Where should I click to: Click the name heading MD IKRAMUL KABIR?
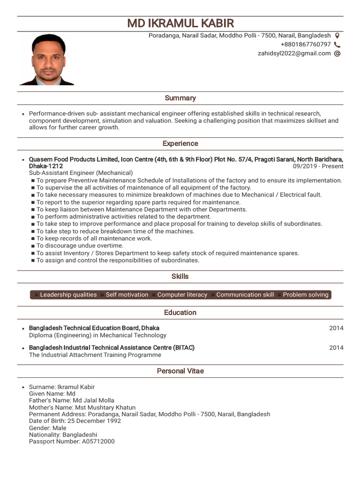pyautogui.click(x=180, y=23)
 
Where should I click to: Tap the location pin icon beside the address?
pyautogui.click(x=337, y=36)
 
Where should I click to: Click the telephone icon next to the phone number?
pyautogui.click(x=337, y=45)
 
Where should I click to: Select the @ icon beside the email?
pyautogui.click(x=337, y=53)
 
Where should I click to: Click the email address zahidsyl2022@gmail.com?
pyautogui.click(x=294, y=53)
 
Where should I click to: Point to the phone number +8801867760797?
pyautogui.click(x=306, y=45)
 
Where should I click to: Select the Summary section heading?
pyautogui.click(x=180, y=98)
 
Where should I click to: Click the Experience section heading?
pyautogui.click(x=180, y=143)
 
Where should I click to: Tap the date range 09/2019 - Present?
pyautogui.click(x=318, y=166)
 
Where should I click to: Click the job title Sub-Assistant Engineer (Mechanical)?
pyautogui.click(x=81, y=173)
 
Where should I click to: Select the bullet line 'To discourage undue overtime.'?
pyautogui.click(x=80, y=246)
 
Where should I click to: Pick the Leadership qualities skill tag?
pyautogui.click(x=68, y=295)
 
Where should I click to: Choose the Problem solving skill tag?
pyautogui.click(x=305, y=295)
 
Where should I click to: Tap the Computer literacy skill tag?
pyautogui.click(x=182, y=295)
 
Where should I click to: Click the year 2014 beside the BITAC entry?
pyautogui.click(x=336, y=348)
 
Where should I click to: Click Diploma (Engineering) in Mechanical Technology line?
pyautogui.click(x=97, y=335)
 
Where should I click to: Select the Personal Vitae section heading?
pyautogui.click(x=180, y=371)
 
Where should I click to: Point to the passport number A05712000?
pyautogui.click(x=98, y=442)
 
